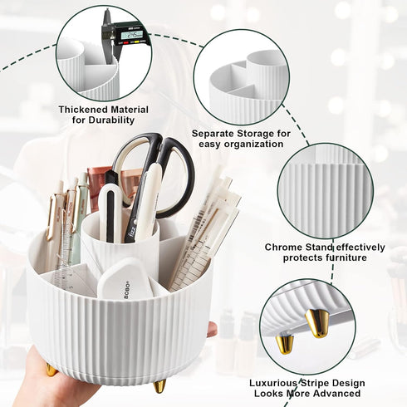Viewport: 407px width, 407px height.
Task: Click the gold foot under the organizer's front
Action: pos(159,385)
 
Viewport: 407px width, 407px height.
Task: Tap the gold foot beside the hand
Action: pos(51,369)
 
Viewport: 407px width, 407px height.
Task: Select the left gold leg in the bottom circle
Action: pos(285,341)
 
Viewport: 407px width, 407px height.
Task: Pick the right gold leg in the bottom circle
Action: pos(317,322)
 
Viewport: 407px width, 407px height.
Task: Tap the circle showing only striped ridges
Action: pos(320,195)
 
